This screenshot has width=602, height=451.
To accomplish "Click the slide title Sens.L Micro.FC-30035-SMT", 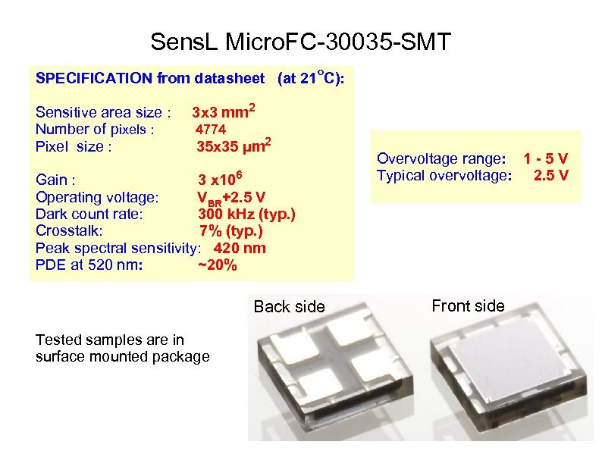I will click(x=300, y=42).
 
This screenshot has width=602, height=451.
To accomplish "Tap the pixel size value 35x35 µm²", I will click(x=234, y=146).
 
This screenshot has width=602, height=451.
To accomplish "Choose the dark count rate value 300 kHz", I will click(x=246, y=214).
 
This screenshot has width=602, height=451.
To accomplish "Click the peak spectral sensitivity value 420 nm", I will click(x=240, y=248).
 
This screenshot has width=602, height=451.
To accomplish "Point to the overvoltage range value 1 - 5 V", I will click(x=545, y=159).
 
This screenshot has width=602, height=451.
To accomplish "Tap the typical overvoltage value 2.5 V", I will click(x=551, y=177).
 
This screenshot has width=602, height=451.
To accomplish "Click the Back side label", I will click(x=289, y=306).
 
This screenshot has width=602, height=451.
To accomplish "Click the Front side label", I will click(x=467, y=305).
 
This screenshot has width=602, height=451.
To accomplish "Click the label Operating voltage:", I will click(x=97, y=197).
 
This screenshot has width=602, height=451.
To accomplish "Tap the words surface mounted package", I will click(x=122, y=356).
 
